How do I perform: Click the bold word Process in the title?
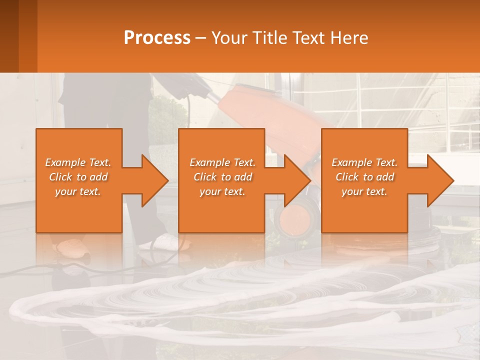[157, 37]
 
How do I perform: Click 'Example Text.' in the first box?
[78, 162]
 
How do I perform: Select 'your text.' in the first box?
[78, 191]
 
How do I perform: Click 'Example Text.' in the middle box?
[222, 162]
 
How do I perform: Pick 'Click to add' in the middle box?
[222, 177]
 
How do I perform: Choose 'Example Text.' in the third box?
[364, 162]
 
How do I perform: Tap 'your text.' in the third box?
[364, 191]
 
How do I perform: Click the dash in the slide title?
[200, 38]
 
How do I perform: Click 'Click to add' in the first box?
[78, 177]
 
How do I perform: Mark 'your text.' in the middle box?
[222, 191]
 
